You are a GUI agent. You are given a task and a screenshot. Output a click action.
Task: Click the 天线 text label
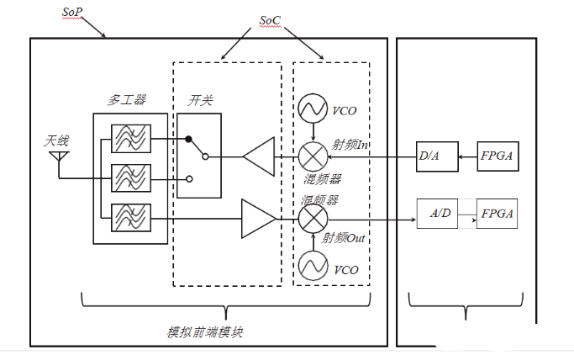point(56,140)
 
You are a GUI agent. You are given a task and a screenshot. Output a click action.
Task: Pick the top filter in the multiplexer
point(130,137)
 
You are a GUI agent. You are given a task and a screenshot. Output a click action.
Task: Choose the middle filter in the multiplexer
point(130,178)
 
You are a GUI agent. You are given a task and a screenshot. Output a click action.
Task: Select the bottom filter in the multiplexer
point(130,217)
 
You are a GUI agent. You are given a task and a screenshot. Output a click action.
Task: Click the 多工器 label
point(127,100)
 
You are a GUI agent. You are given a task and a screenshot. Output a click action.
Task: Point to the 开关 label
point(200,101)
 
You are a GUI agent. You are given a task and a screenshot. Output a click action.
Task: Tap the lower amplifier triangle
point(257,218)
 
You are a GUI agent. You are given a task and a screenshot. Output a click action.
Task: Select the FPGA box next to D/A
point(498,156)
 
